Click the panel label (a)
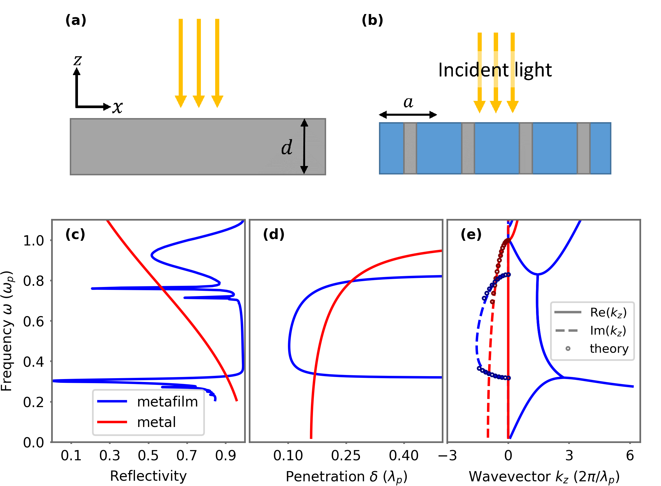coord(76,20)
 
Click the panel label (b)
coord(372,20)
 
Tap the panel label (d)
coord(273,234)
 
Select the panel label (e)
coord(471,234)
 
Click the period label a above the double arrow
coord(408,102)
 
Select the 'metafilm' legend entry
coord(167,402)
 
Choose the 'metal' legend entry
coord(156,422)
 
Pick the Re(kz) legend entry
coord(608,312)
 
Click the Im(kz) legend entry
coord(608,331)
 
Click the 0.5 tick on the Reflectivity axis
coord(148,455)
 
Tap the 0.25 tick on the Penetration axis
coord(346,455)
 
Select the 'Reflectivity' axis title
coord(148,476)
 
